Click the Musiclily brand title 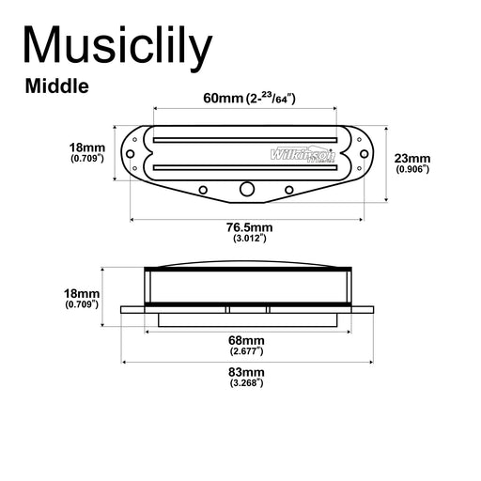[x=116, y=47]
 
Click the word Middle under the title [x=57, y=87]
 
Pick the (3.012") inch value [x=248, y=239]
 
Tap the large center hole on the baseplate [x=247, y=189]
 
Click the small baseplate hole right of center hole [x=289, y=190]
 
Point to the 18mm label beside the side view [x=82, y=294]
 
